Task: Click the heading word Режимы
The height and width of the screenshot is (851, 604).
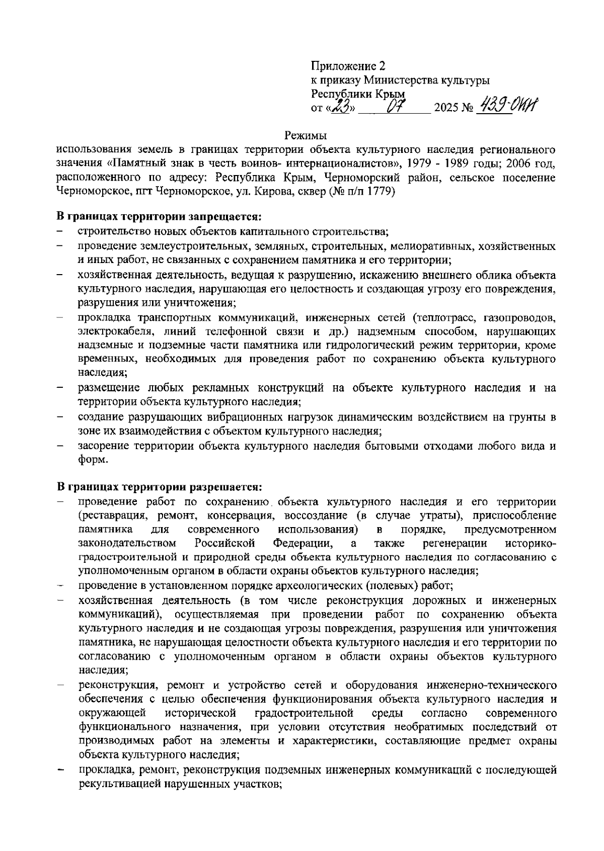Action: [x=306, y=135]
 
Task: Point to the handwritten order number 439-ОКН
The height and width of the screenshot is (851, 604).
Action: [x=508, y=106]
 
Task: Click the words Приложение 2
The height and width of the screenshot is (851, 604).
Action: [x=348, y=66]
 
